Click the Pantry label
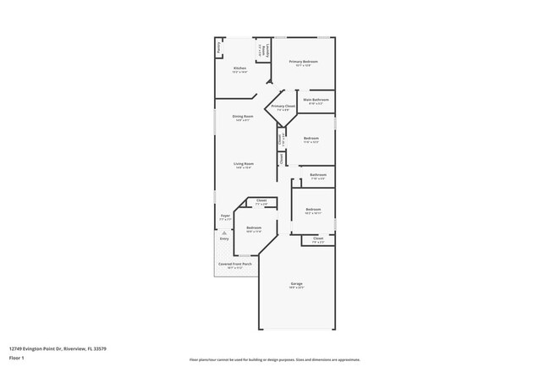point(218,49)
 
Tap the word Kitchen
point(239,68)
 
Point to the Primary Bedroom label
point(302,62)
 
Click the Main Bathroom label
point(316,99)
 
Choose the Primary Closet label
point(283,106)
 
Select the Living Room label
point(243,163)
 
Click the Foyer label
point(225,216)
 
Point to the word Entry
point(224,239)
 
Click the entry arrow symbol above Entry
point(224,233)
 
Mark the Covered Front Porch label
point(234,264)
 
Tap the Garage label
point(296,283)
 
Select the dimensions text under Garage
point(296,288)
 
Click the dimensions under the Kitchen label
point(239,72)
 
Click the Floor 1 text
point(16,359)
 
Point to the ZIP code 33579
point(100,348)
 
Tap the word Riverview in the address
point(73,348)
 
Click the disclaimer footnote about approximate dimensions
point(274,359)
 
